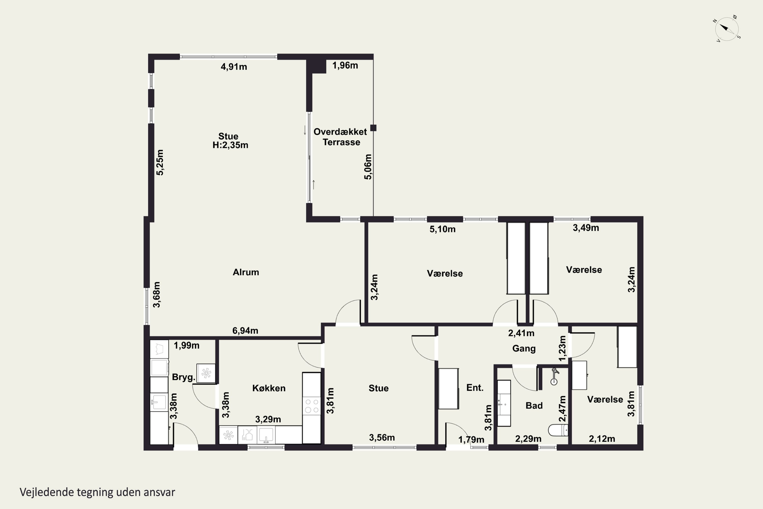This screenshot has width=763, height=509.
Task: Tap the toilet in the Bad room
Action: (x=558, y=430)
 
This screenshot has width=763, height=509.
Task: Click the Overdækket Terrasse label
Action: (x=340, y=137)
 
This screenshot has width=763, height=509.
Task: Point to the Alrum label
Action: (x=246, y=272)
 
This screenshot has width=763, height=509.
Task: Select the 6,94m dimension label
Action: (x=245, y=330)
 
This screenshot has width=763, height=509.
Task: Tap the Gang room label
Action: (x=524, y=349)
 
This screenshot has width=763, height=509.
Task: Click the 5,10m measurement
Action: (x=443, y=229)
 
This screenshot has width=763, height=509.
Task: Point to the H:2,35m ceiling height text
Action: (x=230, y=145)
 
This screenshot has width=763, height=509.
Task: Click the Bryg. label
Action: (x=184, y=377)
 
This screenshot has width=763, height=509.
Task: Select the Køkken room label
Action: (x=269, y=388)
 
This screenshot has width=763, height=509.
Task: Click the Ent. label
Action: (x=475, y=387)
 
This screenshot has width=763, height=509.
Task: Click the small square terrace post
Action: (x=373, y=128)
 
